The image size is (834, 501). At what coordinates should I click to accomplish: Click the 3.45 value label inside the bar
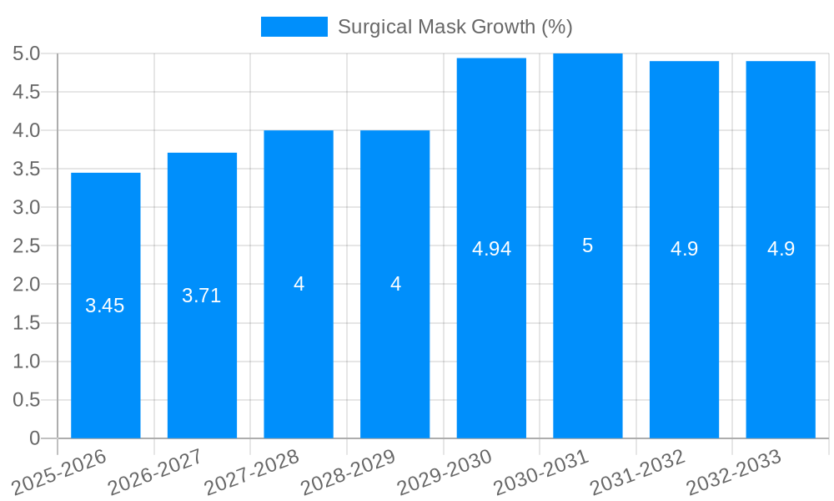(x=105, y=306)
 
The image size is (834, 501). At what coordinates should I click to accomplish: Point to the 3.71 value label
(x=202, y=296)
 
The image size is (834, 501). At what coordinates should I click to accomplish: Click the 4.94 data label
(x=491, y=249)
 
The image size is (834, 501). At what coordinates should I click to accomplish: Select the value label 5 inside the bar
(x=588, y=246)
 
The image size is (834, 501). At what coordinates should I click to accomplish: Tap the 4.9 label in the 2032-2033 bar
(x=781, y=249)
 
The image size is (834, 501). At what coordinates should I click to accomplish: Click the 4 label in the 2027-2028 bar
(x=299, y=284)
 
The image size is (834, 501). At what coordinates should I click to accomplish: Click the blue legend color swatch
(x=294, y=27)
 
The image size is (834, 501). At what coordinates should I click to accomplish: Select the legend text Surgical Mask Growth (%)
(x=455, y=27)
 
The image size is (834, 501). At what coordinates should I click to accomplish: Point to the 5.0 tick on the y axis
(x=27, y=54)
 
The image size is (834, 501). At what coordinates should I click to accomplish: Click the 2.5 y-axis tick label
(x=27, y=246)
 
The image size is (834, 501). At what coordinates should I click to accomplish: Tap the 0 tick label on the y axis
(x=34, y=438)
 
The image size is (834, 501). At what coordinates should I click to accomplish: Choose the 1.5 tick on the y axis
(x=27, y=323)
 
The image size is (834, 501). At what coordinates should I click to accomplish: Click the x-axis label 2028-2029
(x=349, y=473)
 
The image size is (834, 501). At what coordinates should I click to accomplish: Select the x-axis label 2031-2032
(x=638, y=473)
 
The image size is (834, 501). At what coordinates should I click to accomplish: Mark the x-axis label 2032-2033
(x=734, y=473)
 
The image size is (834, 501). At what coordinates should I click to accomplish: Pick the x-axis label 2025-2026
(x=60, y=473)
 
